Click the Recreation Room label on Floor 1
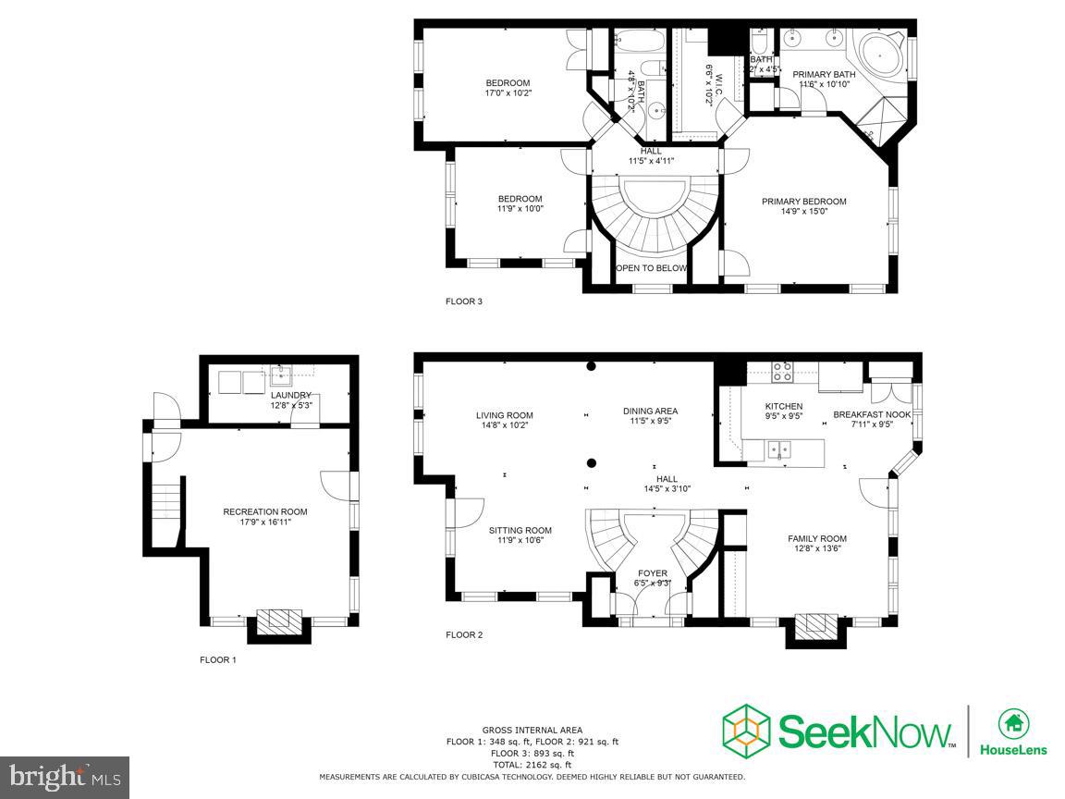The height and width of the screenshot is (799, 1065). (x=264, y=511)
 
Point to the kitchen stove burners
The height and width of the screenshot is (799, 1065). (x=782, y=372)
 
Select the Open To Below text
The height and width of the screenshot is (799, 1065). (x=652, y=268)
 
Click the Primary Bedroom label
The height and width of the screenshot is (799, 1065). (x=803, y=202)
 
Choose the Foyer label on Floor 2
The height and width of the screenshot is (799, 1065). (x=652, y=573)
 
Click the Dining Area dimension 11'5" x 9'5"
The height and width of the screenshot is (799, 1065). (x=650, y=421)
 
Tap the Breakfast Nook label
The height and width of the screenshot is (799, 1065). (x=872, y=414)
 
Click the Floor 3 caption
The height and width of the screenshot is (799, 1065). (x=464, y=301)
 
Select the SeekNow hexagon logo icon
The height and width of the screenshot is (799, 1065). (x=745, y=730)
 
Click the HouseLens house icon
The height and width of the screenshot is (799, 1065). (x=1013, y=723)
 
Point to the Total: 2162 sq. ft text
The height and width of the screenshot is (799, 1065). (x=532, y=765)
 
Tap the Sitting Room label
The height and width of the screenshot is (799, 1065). (x=520, y=530)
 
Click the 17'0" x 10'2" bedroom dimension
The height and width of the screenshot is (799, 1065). (x=508, y=92)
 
